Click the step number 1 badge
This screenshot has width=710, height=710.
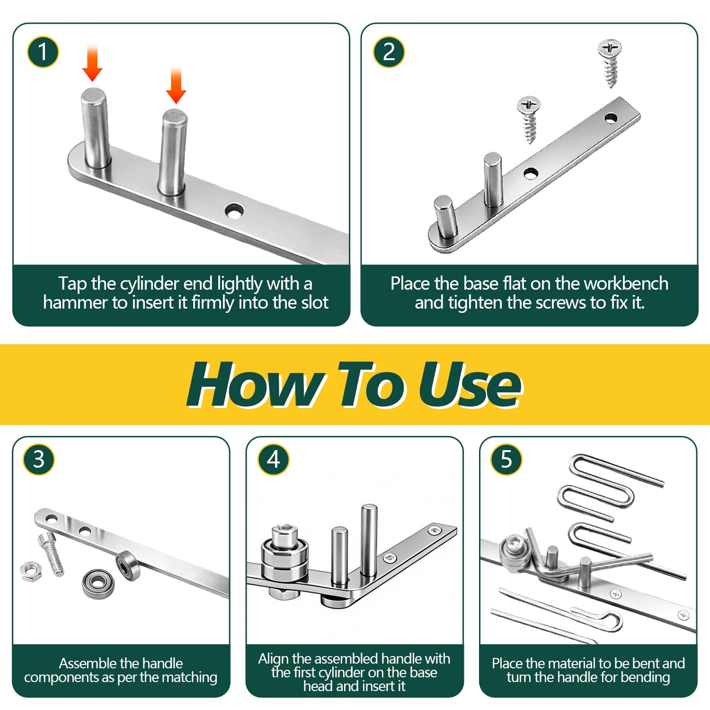tap(43, 52)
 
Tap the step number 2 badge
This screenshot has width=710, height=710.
tap(389, 52)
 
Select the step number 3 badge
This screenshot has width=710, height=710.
tap(39, 460)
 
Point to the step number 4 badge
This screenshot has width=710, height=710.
tap(274, 460)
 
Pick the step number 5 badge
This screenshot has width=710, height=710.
tap(506, 460)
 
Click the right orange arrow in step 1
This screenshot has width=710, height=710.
tap(176, 85)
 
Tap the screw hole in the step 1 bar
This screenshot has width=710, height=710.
tap(234, 211)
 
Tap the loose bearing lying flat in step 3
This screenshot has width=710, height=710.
tap(98, 584)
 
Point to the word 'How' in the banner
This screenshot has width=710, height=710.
tap(256, 384)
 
